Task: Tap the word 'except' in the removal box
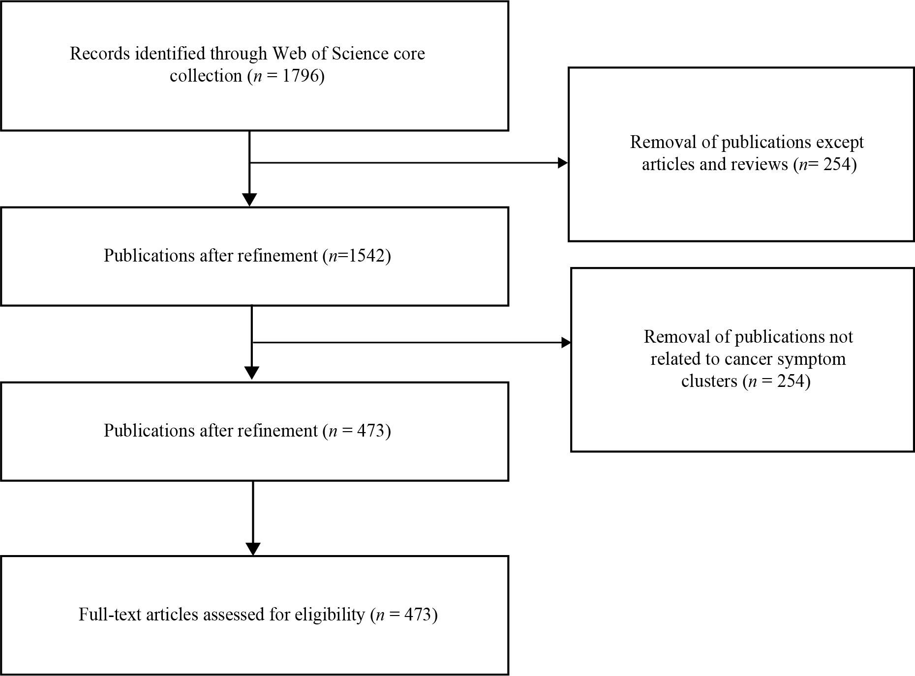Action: (x=840, y=143)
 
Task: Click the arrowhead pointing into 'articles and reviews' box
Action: (x=563, y=163)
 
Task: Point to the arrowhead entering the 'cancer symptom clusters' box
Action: (x=566, y=343)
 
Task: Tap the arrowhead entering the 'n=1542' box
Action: (x=250, y=200)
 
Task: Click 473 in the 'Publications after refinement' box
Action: (x=372, y=431)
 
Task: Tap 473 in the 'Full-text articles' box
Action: (x=419, y=615)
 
